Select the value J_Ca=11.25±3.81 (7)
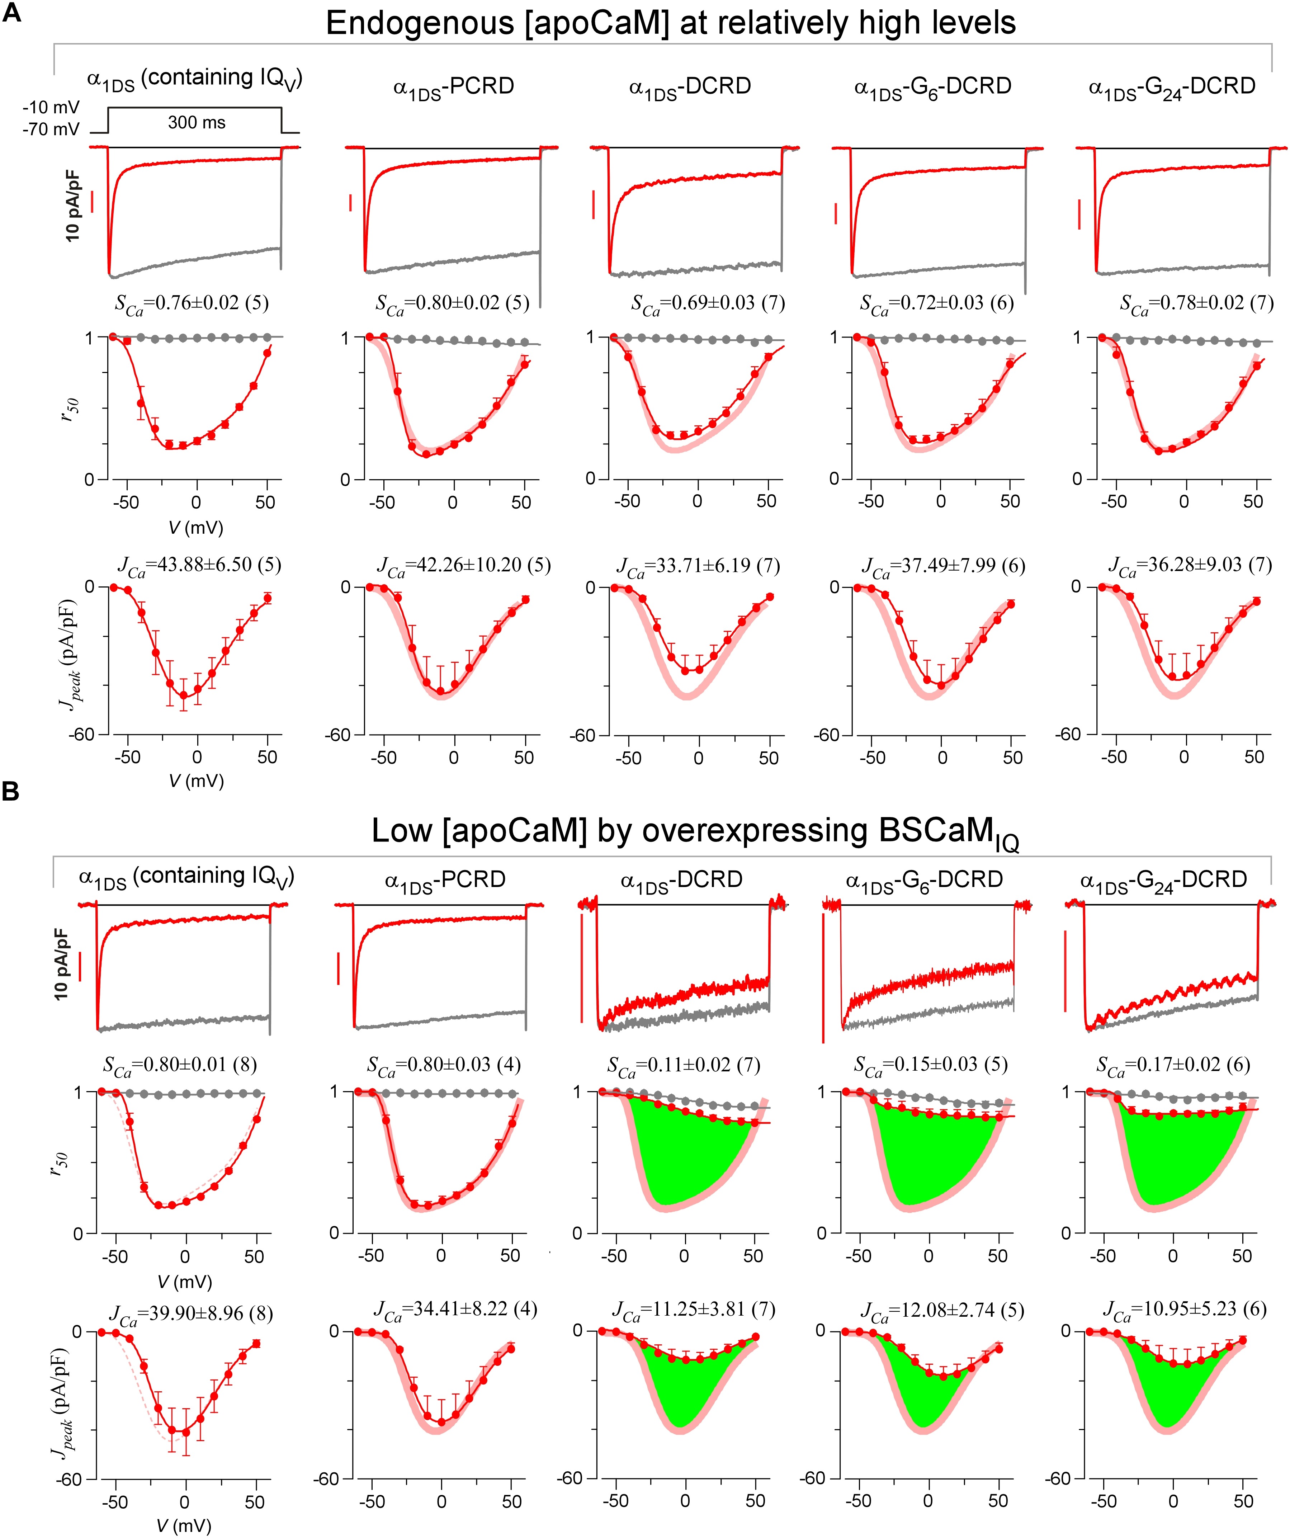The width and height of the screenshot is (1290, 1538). (x=693, y=1310)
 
